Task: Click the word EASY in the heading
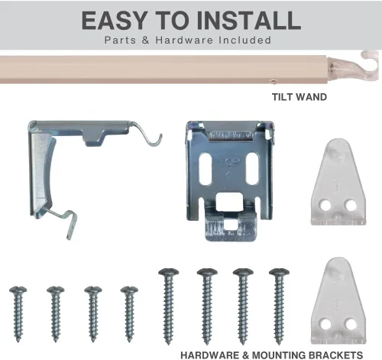coord(114,20)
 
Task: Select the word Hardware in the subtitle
coord(184,40)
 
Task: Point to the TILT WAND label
coord(299,97)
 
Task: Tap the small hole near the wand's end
coord(274,82)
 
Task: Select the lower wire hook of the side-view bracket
coord(63,221)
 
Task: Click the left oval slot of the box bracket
coord(206,168)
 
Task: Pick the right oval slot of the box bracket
coord(253,168)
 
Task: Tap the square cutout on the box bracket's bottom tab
coord(230,225)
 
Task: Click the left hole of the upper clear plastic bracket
coord(325,206)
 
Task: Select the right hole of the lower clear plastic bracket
coord(351,324)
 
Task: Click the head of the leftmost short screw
coord(18,290)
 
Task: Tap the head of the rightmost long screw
coord(279,272)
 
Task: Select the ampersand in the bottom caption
coord(246,355)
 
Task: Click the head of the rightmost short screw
coord(129,290)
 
